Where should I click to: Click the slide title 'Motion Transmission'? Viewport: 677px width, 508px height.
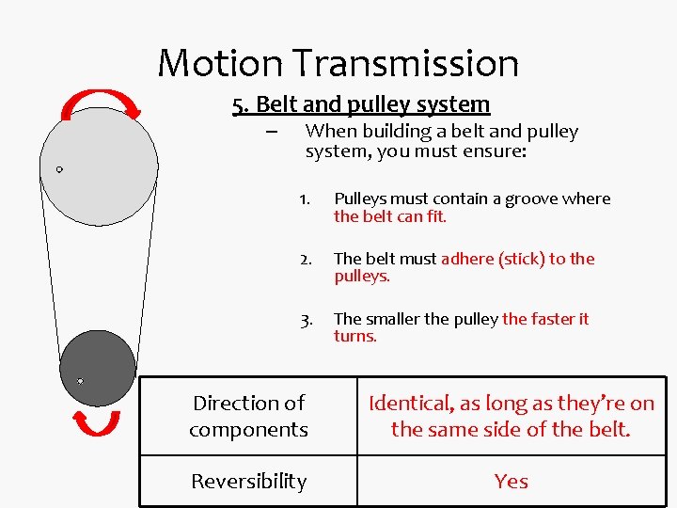tap(338, 63)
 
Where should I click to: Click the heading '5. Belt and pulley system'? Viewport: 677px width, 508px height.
tap(362, 104)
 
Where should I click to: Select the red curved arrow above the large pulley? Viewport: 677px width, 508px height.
tap(101, 103)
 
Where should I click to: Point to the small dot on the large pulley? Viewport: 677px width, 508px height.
tap(59, 169)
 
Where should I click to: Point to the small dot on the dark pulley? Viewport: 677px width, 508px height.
tap(80, 381)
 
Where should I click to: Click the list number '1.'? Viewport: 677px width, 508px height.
tap(305, 199)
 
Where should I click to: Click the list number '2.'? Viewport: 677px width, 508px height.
tap(305, 260)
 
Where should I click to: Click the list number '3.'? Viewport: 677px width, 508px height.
tap(306, 320)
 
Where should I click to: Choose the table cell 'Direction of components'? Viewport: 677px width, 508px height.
tap(248, 416)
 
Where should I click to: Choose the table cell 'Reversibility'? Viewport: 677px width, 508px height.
tap(248, 481)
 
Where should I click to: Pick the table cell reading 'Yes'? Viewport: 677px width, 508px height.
tap(511, 481)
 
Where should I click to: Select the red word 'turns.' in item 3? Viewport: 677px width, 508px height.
tap(355, 336)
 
